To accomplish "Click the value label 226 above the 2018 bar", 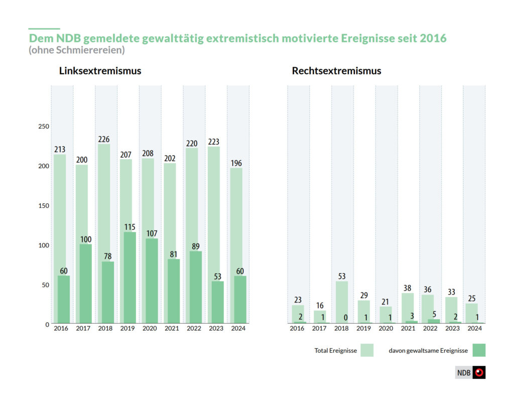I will pos(104,139).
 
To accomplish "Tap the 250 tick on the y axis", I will pos(44,126).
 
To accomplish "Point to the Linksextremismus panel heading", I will pos(100,71).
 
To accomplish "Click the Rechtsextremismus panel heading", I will pos(336,71).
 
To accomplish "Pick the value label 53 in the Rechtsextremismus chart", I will pos(342,276).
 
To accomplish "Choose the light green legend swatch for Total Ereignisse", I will pos(367,350).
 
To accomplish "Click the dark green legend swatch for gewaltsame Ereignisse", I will pos(478,350).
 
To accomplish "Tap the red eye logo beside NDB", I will pos(479,373).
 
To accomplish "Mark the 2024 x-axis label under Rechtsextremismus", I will pos(474,329).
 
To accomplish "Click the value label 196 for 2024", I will pos(236,163).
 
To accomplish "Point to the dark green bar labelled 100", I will pos(86,284).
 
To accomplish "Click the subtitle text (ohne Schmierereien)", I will pos(76,50).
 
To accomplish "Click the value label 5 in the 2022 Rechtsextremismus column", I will pos(434,314).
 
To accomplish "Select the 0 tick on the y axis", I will pos(47,324).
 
